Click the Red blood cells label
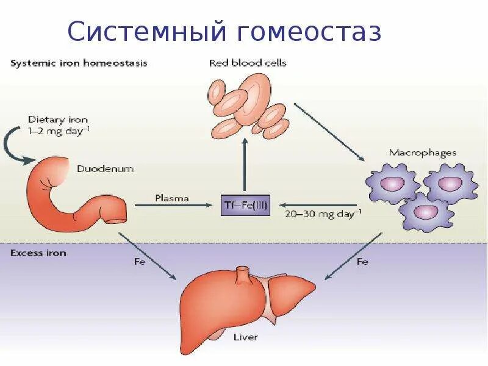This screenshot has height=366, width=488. (248, 63)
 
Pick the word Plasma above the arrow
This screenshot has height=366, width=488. (172, 198)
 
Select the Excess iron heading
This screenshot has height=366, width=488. (38, 253)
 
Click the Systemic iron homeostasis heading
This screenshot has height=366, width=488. (79, 63)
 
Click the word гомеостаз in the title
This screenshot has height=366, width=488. (307, 32)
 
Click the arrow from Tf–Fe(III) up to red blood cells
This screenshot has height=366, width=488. (245, 165)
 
